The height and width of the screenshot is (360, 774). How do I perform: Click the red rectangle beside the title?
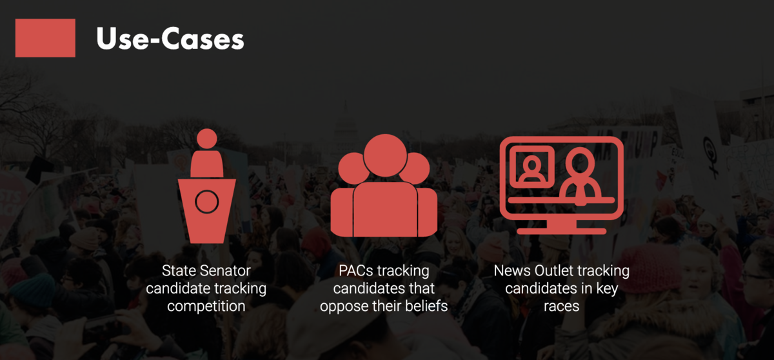(45, 38)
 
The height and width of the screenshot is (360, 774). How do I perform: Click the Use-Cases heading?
(170, 39)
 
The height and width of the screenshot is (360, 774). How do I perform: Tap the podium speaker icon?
(206, 186)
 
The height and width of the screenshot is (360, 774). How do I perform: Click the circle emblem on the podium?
(206, 202)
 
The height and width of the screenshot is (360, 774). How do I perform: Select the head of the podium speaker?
(207, 139)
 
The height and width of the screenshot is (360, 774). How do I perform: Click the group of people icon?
(384, 186)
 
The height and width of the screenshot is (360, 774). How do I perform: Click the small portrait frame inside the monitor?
(532, 167)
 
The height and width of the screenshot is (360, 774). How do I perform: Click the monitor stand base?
(562, 231)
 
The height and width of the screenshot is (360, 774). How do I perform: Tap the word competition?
(206, 306)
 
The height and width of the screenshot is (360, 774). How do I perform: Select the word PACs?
(355, 271)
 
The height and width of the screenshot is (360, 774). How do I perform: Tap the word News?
(512, 271)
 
